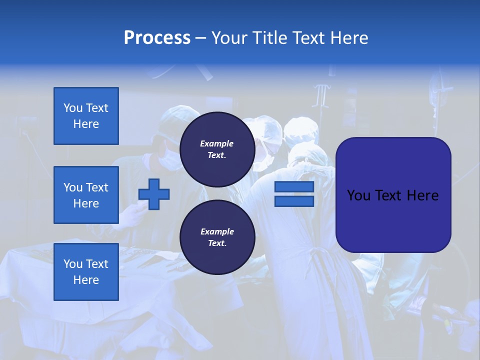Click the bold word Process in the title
click(157, 38)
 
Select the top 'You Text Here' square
click(86, 116)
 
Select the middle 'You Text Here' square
click(86, 195)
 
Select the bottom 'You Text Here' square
click(86, 271)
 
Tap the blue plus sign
click(154, 194)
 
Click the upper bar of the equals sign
click(294, 187)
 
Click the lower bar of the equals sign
click(294, 201)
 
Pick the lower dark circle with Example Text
click(217, 237)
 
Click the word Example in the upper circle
click(217, 143)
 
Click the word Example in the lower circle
click(217, 231)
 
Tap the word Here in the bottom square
click(86, 280)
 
